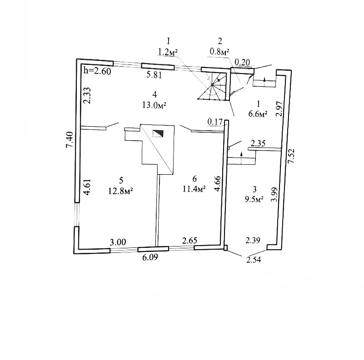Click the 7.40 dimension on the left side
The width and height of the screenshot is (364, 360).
tap(69, 138)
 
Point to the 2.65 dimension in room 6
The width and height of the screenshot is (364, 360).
tap(189, 241)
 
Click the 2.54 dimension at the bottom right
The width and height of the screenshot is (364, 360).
tap(254, 260)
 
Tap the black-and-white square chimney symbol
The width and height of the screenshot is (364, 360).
tap(158, 133)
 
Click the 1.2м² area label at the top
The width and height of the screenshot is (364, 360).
tap(167, 52)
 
